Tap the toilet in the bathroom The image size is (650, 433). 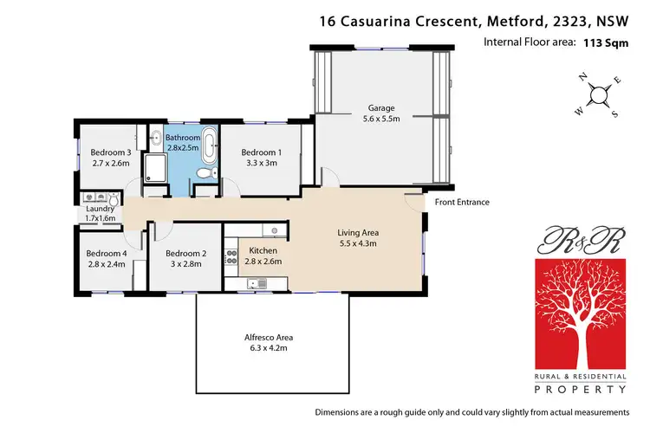[204, 174]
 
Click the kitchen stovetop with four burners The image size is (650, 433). [231, 256]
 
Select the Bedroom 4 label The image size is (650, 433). [107, 254]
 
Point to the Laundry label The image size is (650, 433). [101, 209]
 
